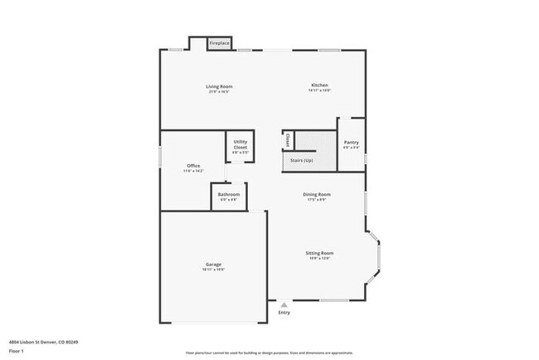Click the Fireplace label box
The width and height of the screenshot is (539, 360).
pos(219,43)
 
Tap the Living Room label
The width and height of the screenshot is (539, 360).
pos(219,86)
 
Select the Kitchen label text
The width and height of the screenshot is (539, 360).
pos(319,85)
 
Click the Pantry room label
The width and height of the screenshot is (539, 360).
pos(351,143)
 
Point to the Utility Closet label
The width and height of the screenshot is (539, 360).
pos(240,144)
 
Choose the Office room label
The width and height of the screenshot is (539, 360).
pos(193,166)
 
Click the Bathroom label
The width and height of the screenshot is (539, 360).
pos(228,195)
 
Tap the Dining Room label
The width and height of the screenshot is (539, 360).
pos(317,195)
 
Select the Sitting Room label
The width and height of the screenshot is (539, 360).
pos(319,253)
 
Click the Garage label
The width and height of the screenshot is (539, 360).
pos(213,265)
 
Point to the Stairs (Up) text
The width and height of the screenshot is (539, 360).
pos(302,160)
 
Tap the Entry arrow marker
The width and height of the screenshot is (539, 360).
pos(284,304)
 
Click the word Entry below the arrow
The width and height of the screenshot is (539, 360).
pos(284,313)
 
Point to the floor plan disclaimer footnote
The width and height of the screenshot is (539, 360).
pos(269,353)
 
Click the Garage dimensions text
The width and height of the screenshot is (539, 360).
pos(213,270)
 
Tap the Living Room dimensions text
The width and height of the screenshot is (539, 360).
pos(219,91)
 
